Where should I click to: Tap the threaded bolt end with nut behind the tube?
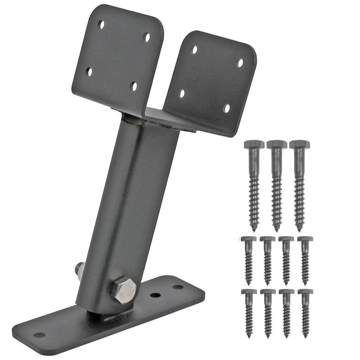point(78,270)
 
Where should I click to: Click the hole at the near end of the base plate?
point(40,335)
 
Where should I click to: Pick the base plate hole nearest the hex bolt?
point(155,296)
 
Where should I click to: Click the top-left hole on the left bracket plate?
point(102,24)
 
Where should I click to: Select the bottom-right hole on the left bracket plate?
point(134,85)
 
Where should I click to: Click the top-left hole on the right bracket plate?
point(194,49)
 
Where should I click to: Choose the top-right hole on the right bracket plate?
point(240,63)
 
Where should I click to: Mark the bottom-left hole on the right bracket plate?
point(182,94)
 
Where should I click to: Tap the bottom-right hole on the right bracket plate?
point(226,108)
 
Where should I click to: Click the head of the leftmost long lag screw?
point(254,145)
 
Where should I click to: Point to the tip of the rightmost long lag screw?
point(299,229)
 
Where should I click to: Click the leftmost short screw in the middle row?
point(248,259)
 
